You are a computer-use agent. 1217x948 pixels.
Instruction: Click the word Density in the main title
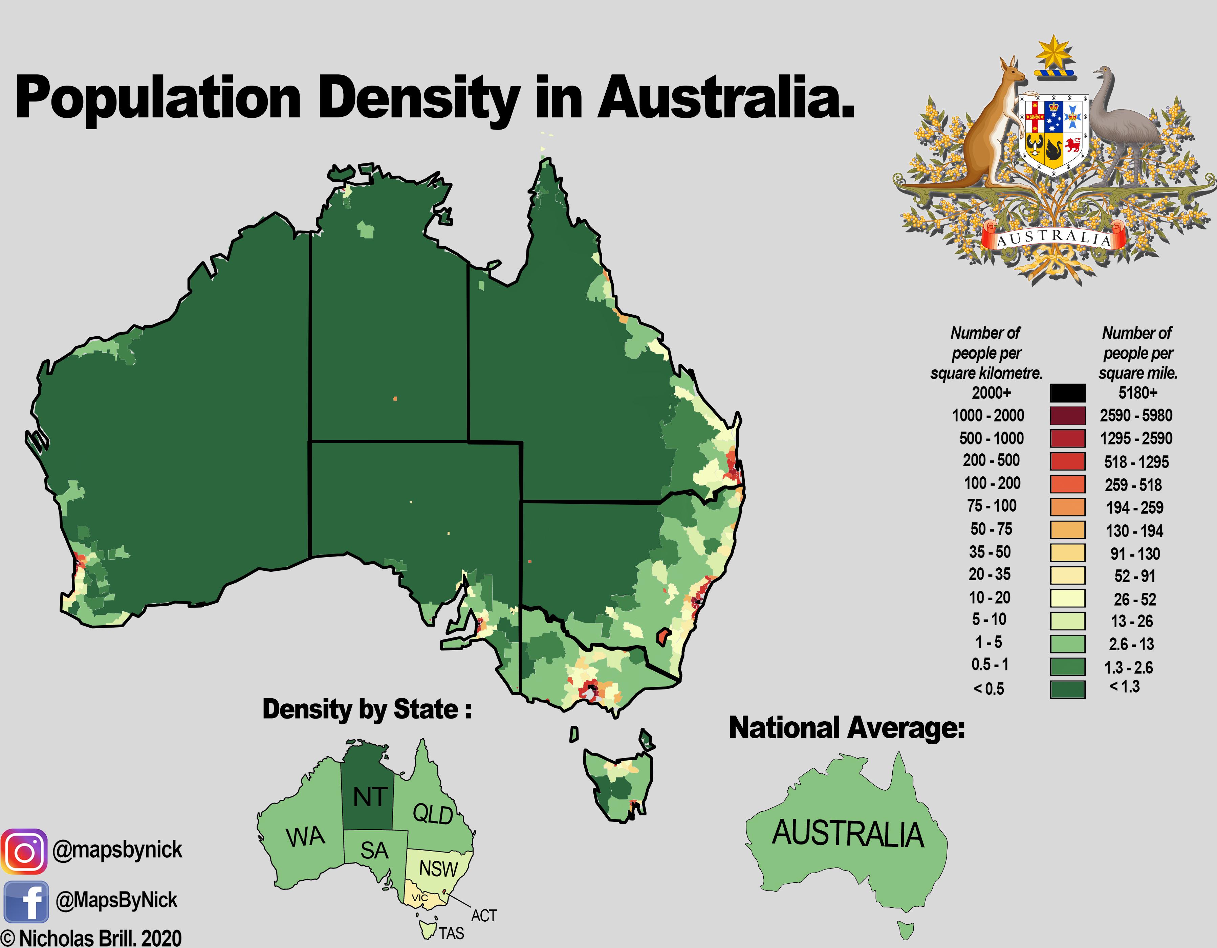418,100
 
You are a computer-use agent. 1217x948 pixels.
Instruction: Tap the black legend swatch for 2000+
1067,393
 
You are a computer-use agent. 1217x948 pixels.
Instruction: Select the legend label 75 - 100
991,506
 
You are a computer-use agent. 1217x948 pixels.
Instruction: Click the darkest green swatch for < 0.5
1067,689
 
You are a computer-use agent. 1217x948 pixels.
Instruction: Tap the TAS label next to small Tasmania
451,933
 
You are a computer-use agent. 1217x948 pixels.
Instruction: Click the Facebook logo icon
26,901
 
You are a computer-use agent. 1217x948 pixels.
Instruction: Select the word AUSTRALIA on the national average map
848,834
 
